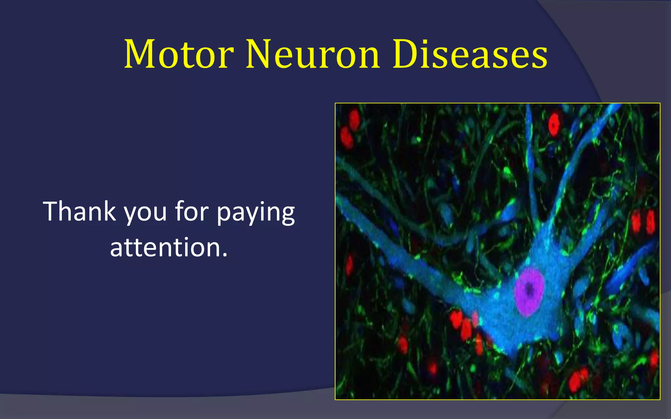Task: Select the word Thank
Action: tap(79, 211)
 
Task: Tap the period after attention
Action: tap(224, 255)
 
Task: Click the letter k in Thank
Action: tap(109, 211)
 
